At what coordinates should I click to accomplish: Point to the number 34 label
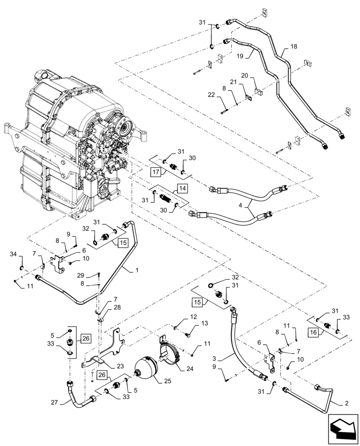pos(14,254)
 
